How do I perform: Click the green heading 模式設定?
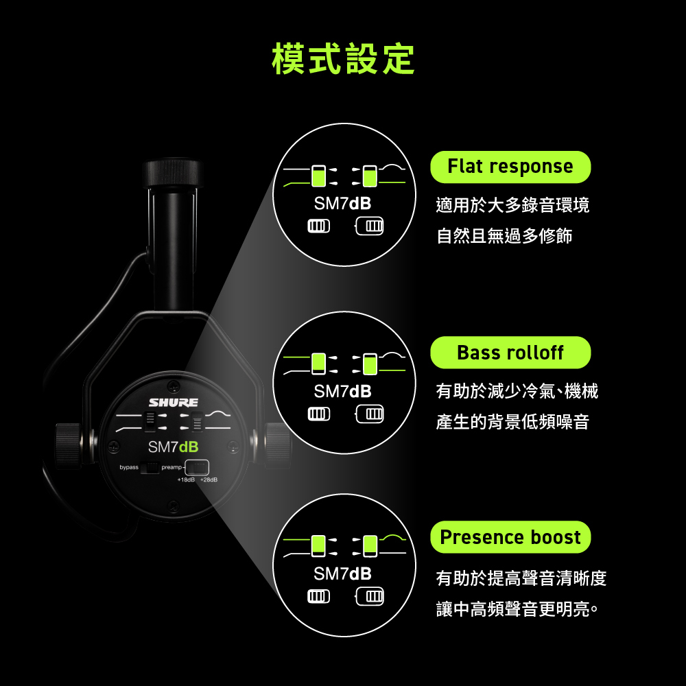point(343,59)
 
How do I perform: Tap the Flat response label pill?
point(510,167)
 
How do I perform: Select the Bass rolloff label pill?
point(510,352)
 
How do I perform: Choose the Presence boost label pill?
point(510,537)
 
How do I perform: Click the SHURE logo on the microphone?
point(174,403)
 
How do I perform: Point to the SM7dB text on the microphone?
point(174,447)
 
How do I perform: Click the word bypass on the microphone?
point(129,467)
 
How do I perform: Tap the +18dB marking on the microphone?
point(186,480)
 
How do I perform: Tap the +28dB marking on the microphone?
point(209,480)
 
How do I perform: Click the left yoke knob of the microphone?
point(68,445)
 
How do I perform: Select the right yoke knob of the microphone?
point(278,445)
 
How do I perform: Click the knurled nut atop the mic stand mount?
point(173,174)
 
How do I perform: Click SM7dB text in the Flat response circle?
point(342,204)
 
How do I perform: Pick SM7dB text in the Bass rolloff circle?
point(342,392)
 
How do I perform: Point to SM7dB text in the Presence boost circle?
point(342,573)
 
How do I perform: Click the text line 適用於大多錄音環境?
point(512,204)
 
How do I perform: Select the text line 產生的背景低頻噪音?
point(512,422)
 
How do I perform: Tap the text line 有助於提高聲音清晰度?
point(521,578)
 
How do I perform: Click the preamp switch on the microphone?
point(197,468)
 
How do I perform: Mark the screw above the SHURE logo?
point(174,386)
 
